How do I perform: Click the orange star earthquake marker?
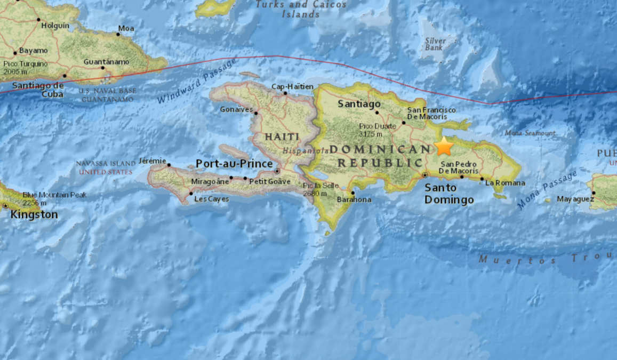pyautogui.click(x=444, y=146)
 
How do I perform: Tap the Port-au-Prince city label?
pyautogui.click(x=234, y=164)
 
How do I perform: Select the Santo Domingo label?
pyautogui.click(x=449, y=194)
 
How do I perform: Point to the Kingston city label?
pyautogui.click(x=34, y=214)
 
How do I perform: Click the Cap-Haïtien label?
pyautogui.click(x=292, y=86)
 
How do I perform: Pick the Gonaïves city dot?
pyautogui.click(x=256, y=113)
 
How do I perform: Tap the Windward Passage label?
pyautogui.click(x=197, y=82)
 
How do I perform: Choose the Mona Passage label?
pyautogui.click(x=547, y=190)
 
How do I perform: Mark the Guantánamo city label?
pyautogui.click(x=107, y=62)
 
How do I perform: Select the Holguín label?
pyautogui.click(x=55, y=25)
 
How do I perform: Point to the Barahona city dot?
pyautogui.click(x=353, y=193)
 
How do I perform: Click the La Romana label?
pyautogui.click(x=505, y=183)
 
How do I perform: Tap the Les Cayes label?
pyautogui.click(x=212, y=199)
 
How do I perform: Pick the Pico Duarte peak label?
pyautogui.click(x=378, y=130)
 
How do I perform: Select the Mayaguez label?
pyautogui.click(x=574, y=199)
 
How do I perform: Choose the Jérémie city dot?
pyautogui.click(x=169, y=165)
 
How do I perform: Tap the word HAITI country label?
pyautogui.click(x=282, y=137)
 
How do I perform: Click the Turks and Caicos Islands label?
pyautogui.click(x=301, y=10)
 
